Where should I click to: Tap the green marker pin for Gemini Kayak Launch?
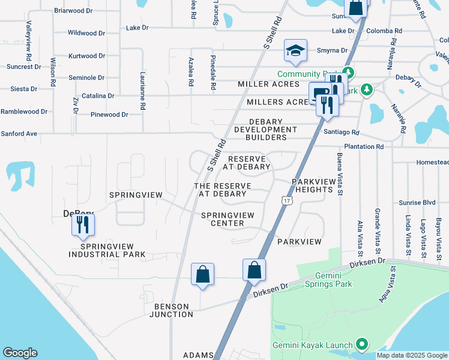361,344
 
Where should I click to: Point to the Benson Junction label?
172,310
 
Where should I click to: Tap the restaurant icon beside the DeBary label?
82,226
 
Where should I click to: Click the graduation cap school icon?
295,51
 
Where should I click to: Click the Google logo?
20,353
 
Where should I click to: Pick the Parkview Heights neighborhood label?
312,185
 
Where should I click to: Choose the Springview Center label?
223,219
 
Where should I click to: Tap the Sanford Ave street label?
19,134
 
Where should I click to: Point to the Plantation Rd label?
364,146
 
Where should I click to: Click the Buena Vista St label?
339,173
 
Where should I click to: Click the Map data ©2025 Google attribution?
412,355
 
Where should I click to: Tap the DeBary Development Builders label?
265,130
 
